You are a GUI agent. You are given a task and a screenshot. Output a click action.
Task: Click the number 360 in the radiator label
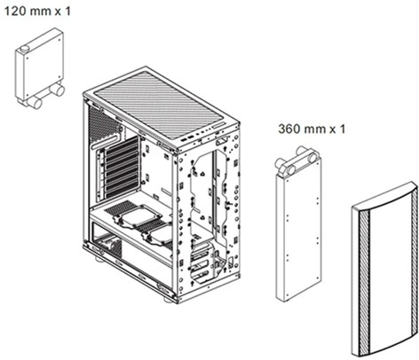[x=289, y=129]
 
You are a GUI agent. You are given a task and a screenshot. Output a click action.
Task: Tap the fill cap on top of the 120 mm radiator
[x=26, y=48]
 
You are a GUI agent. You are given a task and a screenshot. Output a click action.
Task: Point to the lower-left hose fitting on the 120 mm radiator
[x=35, y=103]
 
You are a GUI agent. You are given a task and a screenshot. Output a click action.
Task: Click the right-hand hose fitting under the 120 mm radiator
[x=57, y=90]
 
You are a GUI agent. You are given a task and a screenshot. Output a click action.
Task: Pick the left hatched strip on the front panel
[x=364, y=282]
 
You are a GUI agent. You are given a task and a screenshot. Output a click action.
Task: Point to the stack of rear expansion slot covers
[x=122, y=168]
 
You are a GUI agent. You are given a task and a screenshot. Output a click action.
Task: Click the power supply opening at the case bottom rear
[x=107, y=241]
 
